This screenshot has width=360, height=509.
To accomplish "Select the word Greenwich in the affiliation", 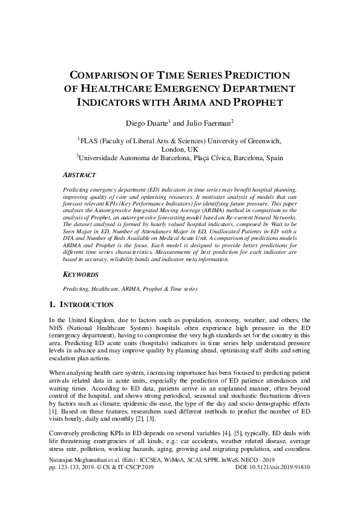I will pyautogui.click(x=262, y=139).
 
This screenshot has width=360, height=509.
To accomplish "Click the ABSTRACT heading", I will pyautogui.click(x=79, y=175).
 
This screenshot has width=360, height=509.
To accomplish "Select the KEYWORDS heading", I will pyautogui.click(x=80, y=274).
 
